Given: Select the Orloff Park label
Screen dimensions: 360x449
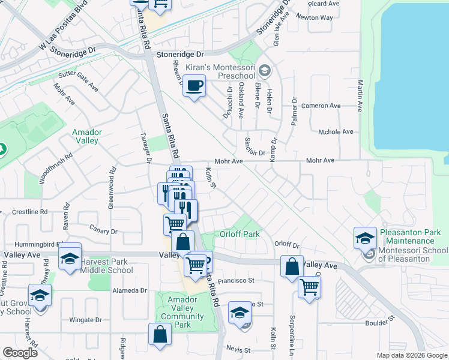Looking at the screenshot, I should [239, 234].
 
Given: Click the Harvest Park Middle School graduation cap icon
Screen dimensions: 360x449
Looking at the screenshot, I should [70, 258].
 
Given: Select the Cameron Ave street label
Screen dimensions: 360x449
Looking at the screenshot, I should [321, 106].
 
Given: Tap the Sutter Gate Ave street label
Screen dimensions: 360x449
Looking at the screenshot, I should [78, 82].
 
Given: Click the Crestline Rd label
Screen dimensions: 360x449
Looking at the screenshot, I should [29, 212].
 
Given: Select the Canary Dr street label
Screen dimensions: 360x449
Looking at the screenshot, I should [103, 231].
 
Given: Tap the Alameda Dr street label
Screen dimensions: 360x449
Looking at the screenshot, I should [130, 290].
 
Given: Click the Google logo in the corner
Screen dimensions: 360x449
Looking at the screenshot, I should [20, 353].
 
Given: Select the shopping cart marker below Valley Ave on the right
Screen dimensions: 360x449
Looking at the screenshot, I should [309, 287].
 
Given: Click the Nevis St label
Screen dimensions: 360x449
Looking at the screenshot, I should [238, 349].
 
